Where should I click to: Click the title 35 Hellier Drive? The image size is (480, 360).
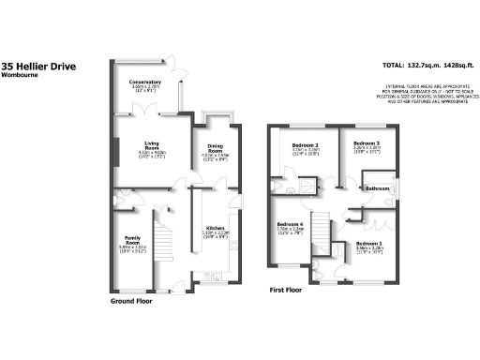point(38,67)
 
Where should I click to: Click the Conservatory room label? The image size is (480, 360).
point(144,82)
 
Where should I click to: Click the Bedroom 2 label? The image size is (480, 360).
point(306,146)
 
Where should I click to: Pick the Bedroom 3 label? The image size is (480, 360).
point(366,146)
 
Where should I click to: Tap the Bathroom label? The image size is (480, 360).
point(378,188)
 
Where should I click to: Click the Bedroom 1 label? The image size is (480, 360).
point(367,244)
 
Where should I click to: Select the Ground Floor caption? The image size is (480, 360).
point(131,303)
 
